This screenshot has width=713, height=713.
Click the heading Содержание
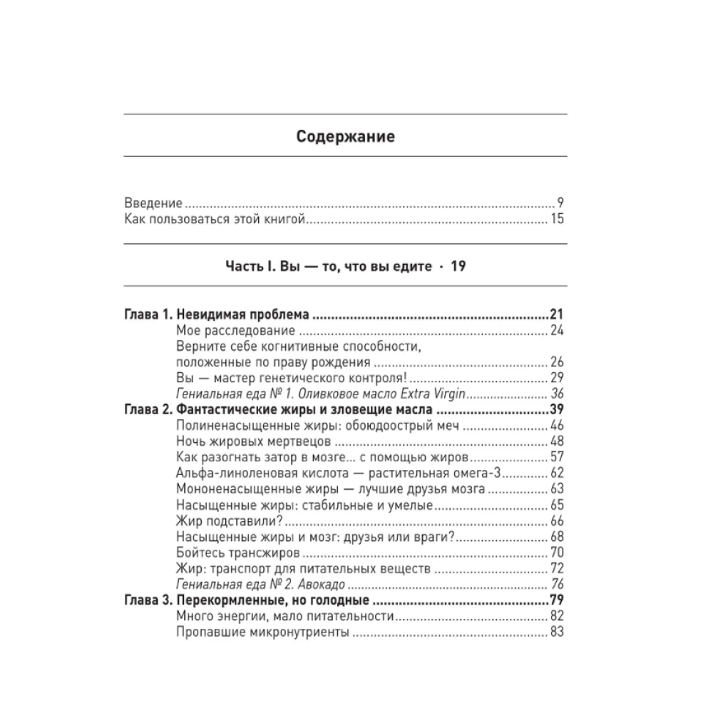(346, 135)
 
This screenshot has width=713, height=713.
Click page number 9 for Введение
(561, 202)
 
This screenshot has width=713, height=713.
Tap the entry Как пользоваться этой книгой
(215, 219)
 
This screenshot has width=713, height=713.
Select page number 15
(557, 219)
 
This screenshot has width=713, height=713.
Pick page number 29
(557, 378)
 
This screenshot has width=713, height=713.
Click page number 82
(557, 615)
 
